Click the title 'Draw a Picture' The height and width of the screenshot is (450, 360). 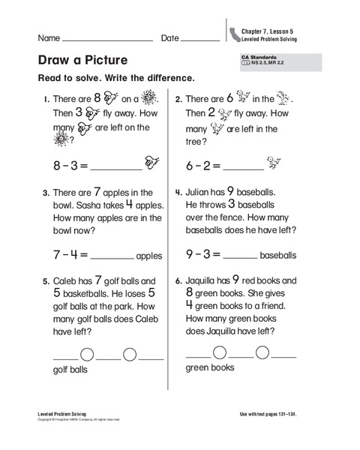click(82, 60)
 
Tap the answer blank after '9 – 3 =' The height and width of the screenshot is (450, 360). click(240, 256)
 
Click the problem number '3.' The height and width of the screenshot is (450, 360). click(46, 193)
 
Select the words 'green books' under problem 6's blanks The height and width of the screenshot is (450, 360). click(210, 367)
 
